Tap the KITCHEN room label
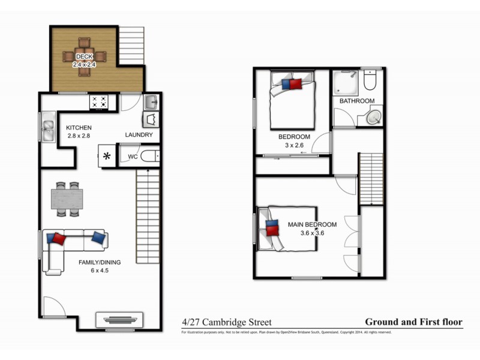pyautogui.click(x=79, y=128)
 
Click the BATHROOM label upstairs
pyautogui.click(x=357, y=101)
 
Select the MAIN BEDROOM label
pyautogui.click(x=312, y=224)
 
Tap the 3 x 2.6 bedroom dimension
pyautogui.click(x=294, y=145)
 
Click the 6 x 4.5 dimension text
pyautogui.click(x=100, y=271)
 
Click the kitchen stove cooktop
pyautogui.click(x=99, y=102)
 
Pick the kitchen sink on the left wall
pyautogui.click(x=47, y=127)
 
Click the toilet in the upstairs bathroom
pyautogui.click(x=370, y=80)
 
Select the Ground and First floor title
pyautogui.click(x=413, y=322)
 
